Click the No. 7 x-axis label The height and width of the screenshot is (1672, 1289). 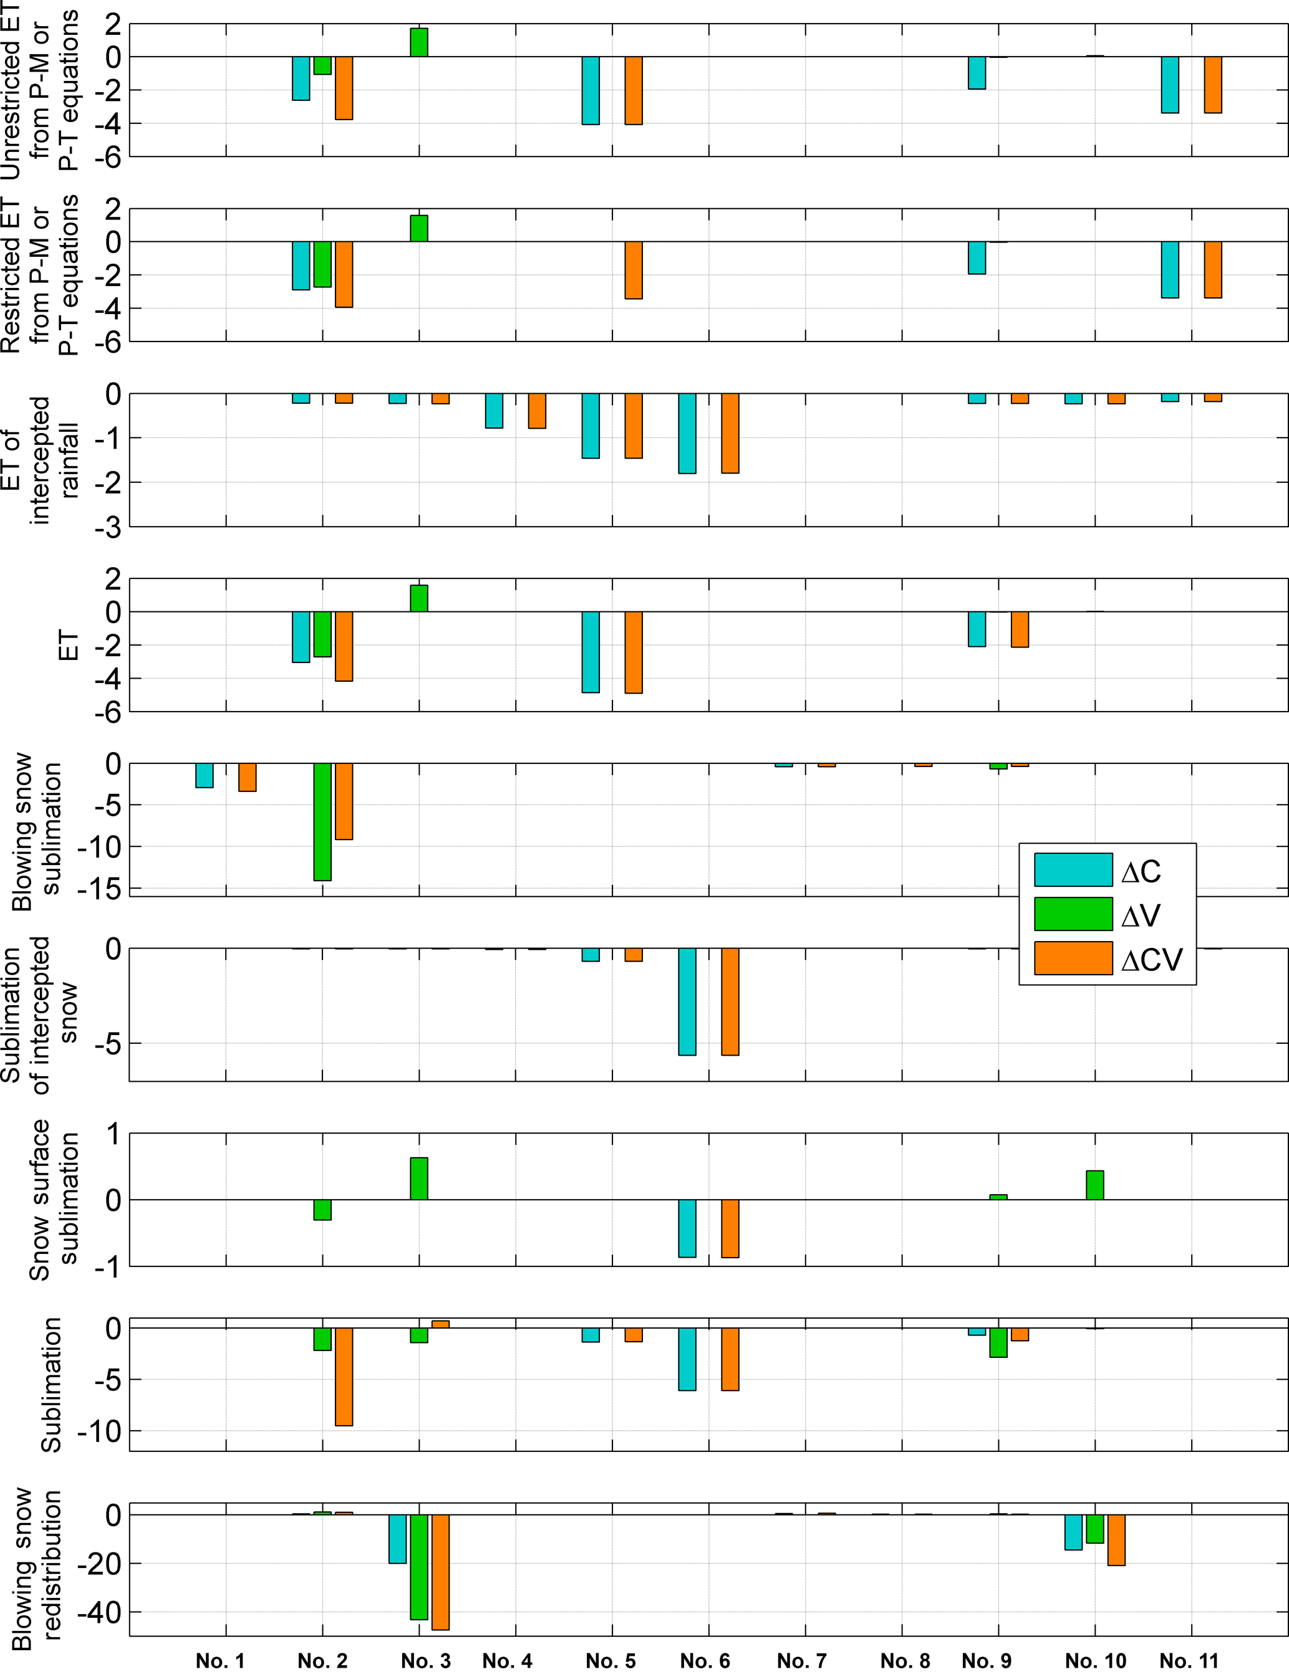pos(801,1660)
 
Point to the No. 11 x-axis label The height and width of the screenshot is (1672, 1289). pos(1188,1660)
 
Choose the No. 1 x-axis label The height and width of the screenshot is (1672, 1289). pos(220,1660)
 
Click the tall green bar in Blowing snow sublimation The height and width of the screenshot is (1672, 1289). pos(322,821)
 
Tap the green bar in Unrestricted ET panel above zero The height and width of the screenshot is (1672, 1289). pos(419,42)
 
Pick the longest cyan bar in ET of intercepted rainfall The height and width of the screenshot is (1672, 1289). pos(687,433)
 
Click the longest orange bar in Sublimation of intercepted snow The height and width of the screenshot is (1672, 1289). pos(730,1001)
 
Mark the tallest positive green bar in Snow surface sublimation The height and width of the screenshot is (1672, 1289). pos(419,1178)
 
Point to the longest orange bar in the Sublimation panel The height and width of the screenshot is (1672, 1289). pos(344,1376)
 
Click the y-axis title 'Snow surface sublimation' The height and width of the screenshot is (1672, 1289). pos(54,1200)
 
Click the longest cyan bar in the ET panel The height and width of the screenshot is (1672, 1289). pos(591,651)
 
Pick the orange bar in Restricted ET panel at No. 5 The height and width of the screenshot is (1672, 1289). pos(634,270)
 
